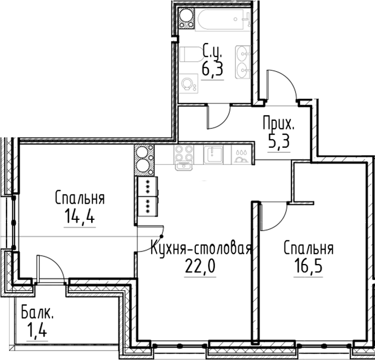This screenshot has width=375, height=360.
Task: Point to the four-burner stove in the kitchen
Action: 184,156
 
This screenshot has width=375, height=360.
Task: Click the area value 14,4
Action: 80,217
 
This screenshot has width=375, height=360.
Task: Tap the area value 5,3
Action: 279,142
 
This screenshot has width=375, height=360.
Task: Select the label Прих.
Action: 279,124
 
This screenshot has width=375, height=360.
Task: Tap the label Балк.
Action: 37,313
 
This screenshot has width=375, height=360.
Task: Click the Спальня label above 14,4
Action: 80,198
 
